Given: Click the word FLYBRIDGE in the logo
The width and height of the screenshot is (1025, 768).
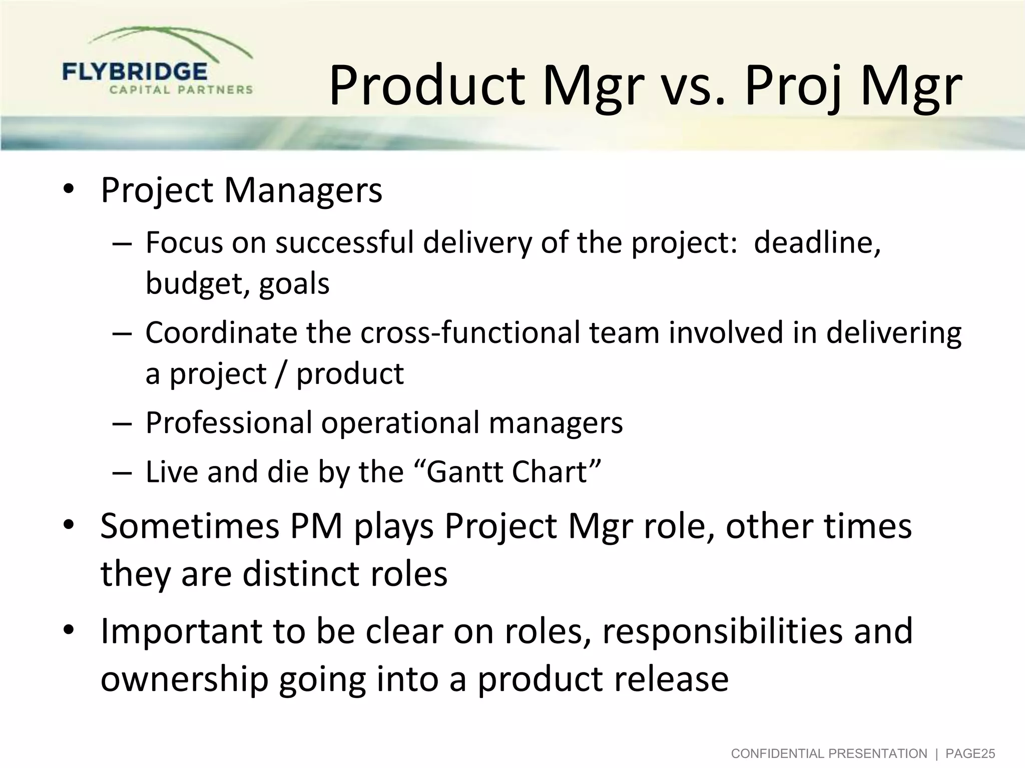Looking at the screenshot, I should (134, 72).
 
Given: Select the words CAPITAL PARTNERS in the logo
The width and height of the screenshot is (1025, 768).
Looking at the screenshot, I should (181, 90).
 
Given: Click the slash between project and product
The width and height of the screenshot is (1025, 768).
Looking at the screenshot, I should (281, 374).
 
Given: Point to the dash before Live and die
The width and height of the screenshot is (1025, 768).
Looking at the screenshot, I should (122, 472).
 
